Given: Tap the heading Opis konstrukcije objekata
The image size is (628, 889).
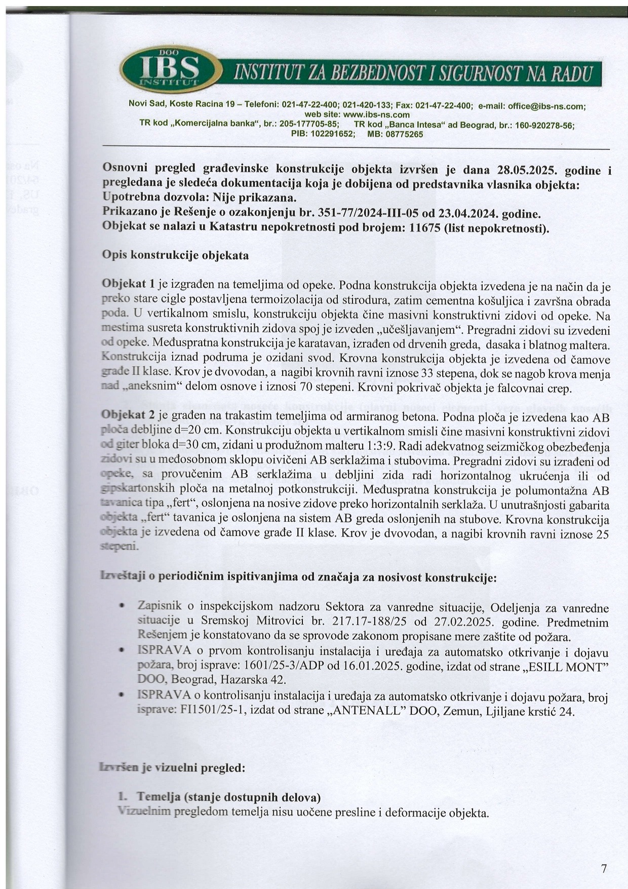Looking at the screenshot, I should (175, 255).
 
